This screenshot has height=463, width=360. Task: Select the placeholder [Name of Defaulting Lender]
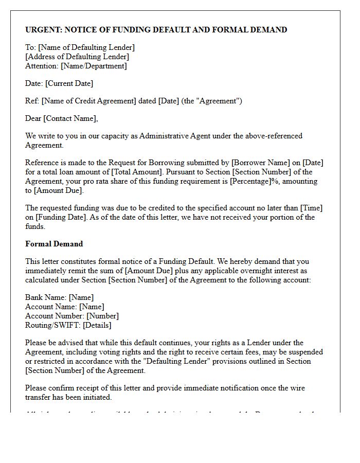pos(86,47)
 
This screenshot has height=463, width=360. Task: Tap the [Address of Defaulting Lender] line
pos(77,57)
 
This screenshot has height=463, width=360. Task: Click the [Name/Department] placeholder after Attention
pos(94,66)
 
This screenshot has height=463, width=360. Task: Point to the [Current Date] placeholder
pos(69,83)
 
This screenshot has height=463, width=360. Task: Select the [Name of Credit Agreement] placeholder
pos(89,101)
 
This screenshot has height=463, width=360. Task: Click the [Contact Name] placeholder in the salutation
pos(70,118)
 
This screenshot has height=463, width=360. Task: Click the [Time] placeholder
pos(312,208)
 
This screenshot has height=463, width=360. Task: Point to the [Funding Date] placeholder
pos(62,217)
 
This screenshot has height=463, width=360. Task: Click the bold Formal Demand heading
pos(54,244)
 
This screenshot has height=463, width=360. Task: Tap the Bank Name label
pos(46,297)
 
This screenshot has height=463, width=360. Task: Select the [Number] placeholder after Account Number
pos(102,316)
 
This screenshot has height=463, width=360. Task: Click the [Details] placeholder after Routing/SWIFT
pos(97,325)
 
